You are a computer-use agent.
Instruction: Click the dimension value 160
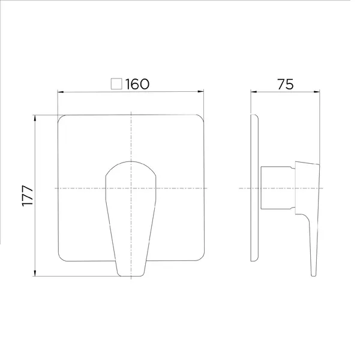pyautogui.click(x=137, y=84)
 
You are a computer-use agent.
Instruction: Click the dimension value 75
pyautogui.click(x=286, y=84)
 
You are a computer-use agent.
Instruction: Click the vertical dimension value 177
pyautogui.click(x=28, y=196)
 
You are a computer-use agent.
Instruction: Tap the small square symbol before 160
pyautogui.click(x=116, y=84)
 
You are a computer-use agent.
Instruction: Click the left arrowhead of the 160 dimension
pyautogui.click(x=61, y=92)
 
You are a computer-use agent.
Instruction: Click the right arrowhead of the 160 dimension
pyautogui.click(x=201, y=92)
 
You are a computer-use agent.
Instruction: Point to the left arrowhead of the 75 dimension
pyautogui.click(x=253, y=92)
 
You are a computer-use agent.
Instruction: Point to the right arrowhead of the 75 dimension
pyautogui.click(x=317, y=92)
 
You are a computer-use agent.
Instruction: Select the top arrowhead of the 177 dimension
pyautogui.click(x=35, y=118)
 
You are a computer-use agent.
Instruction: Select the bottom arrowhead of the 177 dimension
pyautogui.click(x=35, y=273)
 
